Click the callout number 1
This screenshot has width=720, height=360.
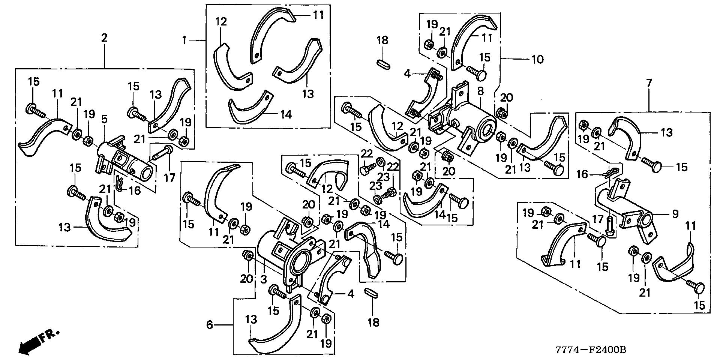pyautogui.click(x=184, y=40)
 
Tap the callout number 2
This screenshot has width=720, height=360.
pyautogui.click(x=104, y=38)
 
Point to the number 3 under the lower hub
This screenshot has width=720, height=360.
pyautogui.click(x=264, y=279)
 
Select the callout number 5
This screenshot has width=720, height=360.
pyautogui.click(x=104, y=119)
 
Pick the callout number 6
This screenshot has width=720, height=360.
pyautogui.click(x=210, y=325)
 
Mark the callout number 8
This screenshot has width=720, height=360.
pyautogui.click(x=481, y=91)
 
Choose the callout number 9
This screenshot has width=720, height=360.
pyautogui.click(x=675, y=214)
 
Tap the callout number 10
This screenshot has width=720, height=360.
pyautogui.click(x=537, y=59)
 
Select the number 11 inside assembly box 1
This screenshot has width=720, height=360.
pyautogui.click(x=318, y=16)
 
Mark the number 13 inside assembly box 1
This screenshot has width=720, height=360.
pyautogui.click(x=308, y=93)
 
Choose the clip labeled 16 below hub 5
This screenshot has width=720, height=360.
pyautogui.click(x=119, y=183)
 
